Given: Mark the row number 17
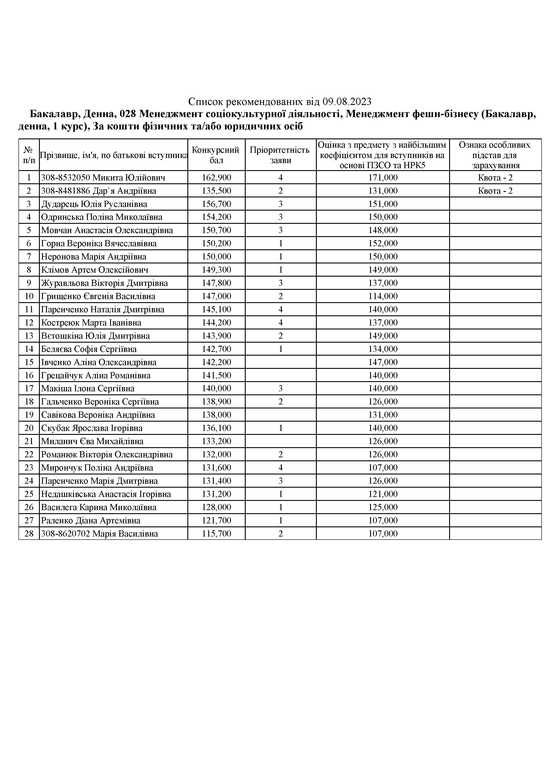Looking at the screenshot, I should click(29, 388).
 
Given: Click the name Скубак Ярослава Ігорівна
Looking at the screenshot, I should click(92, 428).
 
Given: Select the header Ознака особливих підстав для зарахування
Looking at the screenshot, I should click(495, 155).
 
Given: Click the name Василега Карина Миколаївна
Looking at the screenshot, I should click(99, 507).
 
